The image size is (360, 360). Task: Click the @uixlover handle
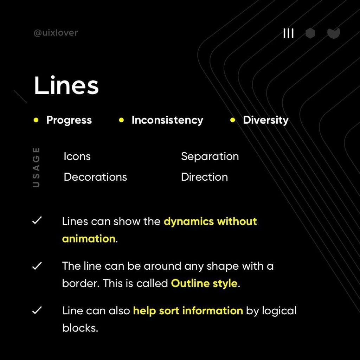coord(56,33)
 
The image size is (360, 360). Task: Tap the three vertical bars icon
coord(289,33)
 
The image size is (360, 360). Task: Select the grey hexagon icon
coord(310,33)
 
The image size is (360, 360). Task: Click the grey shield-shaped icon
coord(333,33)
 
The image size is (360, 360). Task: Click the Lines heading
coord(66,85)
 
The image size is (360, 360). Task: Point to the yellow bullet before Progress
coord(36,120)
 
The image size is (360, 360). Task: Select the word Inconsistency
coord(167,120)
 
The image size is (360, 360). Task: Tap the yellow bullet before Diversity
coord(232,120)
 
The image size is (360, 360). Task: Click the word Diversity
coord(265,120)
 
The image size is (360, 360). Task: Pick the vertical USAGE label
coord(36,167)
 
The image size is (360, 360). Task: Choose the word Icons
coord(77,156)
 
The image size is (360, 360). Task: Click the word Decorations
coord(95,177)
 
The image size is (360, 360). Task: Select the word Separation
coord(210,156)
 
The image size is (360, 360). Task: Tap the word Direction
coord(204,177)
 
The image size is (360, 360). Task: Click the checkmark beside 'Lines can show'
coord(37,221)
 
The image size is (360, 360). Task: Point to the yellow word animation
coord(89,239)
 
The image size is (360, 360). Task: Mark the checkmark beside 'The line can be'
coord(37,266)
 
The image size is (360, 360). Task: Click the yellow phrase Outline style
coord(204,283)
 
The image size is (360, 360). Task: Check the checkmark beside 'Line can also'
coord(37,310)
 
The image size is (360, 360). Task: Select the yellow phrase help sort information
coord(188,311)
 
